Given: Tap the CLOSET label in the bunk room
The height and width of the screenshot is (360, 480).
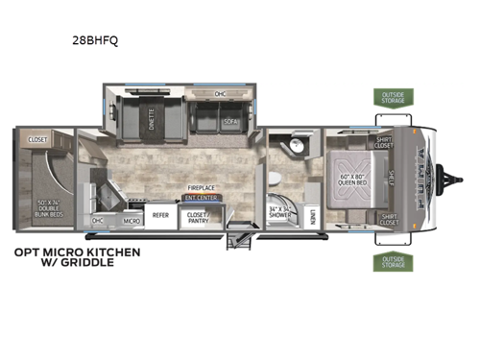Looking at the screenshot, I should [38, 138].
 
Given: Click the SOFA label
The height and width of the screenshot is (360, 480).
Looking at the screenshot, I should [230, 122].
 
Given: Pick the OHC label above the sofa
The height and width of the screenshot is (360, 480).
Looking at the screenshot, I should [219, 93].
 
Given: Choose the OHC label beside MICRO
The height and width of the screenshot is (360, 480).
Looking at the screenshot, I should [98, 220].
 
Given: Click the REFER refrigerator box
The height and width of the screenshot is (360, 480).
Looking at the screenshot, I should [160, 216].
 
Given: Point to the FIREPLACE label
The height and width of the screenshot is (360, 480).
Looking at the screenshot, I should [200, 189].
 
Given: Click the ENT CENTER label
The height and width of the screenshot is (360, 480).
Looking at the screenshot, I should [201, 198].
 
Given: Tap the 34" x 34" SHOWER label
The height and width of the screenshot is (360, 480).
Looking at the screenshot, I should [282, 212].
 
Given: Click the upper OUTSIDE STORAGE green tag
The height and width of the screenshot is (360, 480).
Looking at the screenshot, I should [394, 97].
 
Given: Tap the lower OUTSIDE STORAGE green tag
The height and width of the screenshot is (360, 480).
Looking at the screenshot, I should [394, 260].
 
